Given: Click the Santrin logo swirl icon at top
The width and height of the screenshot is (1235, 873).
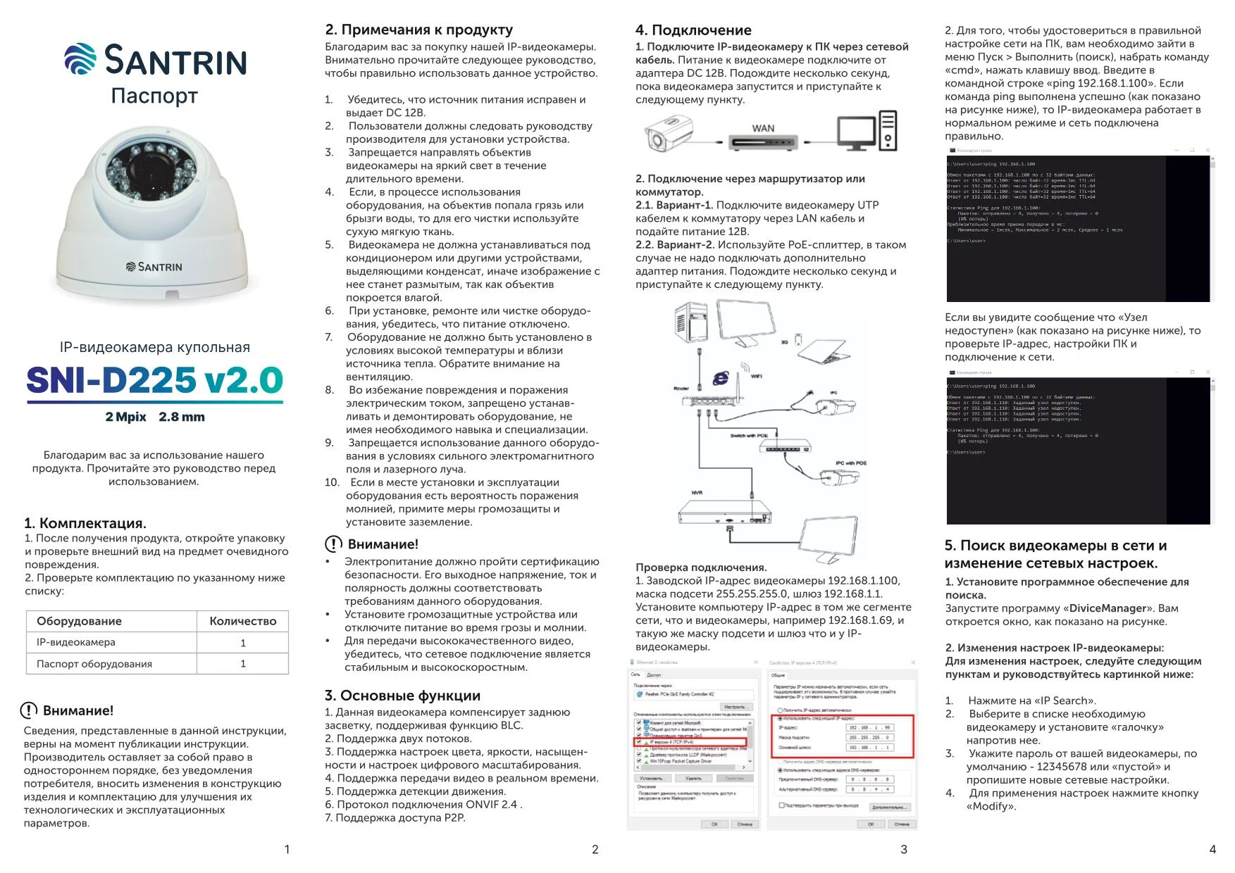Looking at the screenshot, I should click(80, 58).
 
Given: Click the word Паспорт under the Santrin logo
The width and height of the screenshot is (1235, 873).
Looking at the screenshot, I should click(154, 95).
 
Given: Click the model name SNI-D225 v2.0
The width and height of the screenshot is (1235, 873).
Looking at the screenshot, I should click(154, 381).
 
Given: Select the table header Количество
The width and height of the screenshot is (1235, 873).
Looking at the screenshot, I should click(242, 621).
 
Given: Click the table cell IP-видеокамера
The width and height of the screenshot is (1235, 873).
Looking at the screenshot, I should click(76, 642).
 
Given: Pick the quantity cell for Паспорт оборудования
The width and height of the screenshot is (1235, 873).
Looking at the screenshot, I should click(243, 664).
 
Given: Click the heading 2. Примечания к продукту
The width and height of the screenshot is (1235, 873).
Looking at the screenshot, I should click(418, 30).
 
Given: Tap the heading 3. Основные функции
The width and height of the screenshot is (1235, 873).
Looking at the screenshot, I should click(402, 696).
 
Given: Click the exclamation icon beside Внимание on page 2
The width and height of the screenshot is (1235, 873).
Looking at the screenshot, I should click(333, 544).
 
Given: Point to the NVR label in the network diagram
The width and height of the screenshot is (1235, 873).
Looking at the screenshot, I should click(697, 493).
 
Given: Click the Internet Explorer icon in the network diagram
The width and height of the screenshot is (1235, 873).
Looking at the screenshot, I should click(720, 378).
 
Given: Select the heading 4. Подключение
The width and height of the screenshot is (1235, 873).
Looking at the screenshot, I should click(693, 30).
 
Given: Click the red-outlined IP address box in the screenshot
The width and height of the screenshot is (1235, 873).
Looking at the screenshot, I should click(843, 736).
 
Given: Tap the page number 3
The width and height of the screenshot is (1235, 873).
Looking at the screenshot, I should click(904, 850).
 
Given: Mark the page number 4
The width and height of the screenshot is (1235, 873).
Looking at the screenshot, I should click(1212, 850).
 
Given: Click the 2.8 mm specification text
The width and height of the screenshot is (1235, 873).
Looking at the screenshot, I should click(182, 417).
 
